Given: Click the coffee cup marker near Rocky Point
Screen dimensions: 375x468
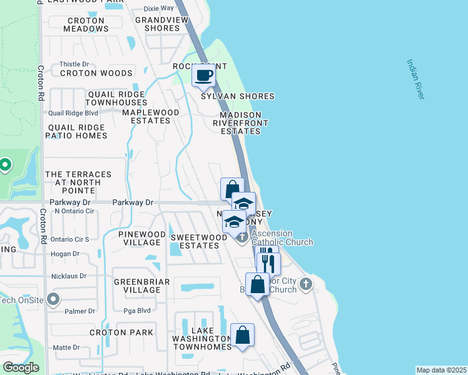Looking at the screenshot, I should click(203, 76).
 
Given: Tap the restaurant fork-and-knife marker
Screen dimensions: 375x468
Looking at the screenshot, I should click(268, 262).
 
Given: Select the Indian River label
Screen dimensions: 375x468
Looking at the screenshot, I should click(415, 79).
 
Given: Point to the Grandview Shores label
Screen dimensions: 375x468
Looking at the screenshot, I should click(158, 24).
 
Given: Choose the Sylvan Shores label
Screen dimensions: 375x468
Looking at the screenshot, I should click(238, 96).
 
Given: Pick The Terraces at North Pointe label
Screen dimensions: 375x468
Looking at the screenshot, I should click(78, 179).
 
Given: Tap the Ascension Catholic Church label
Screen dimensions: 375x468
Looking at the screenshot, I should click(282, 237).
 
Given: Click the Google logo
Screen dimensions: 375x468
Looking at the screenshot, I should click(21, 367).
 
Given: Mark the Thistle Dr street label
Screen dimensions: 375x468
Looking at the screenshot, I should click(70, 64).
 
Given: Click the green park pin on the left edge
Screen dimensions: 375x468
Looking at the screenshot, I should click(5, 165).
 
